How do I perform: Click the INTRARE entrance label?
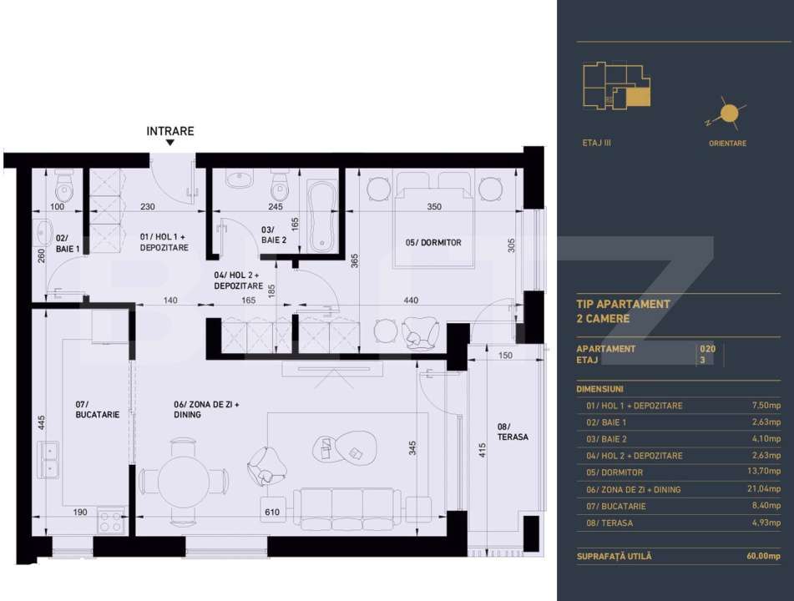(170, 131)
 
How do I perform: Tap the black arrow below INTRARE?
(170, 143)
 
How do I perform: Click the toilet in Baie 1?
(64, 186)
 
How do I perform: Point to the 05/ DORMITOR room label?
(433, 243)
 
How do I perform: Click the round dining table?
(184, 482)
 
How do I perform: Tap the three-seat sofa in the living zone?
(348, 509)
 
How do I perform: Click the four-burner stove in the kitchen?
(111, 520)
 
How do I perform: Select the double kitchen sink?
(48, 459)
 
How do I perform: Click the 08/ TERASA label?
(513, 432)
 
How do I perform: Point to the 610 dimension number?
(272, 512)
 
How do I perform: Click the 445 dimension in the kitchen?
(42, 422)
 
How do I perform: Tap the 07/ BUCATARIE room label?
(97, 410)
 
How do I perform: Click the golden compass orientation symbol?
(729, 114)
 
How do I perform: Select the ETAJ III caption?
(596, 143)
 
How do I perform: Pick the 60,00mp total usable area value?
(764, 556)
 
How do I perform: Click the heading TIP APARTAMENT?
(624, 305)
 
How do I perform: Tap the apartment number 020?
(707, 349)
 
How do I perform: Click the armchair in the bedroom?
(420, 333)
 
